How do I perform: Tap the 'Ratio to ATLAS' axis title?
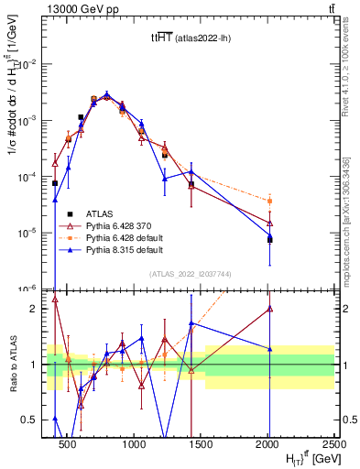click(14, 364)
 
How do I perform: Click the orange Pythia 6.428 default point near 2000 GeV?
click(269, 201)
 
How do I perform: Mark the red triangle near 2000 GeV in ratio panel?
click(269, 309)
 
